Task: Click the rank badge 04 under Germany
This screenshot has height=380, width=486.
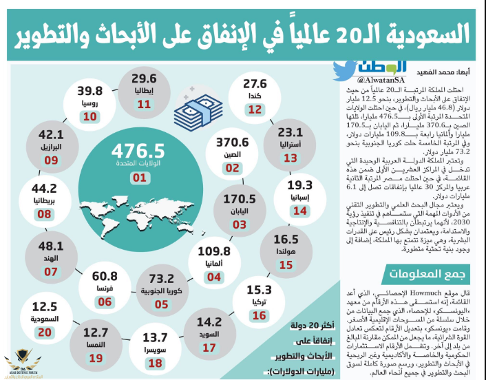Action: click(x=214, y=276)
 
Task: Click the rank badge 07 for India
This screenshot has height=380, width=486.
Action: click(x=50, y=272)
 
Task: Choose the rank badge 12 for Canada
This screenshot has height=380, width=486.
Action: click(x=255, y=109)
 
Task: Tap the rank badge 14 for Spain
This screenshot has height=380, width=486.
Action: click(x=299, y=211)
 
